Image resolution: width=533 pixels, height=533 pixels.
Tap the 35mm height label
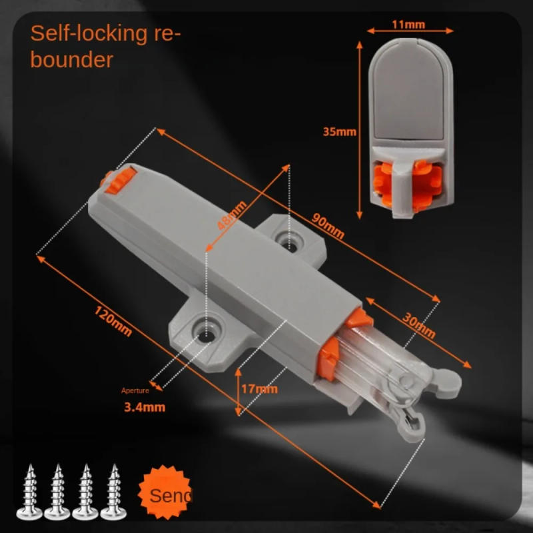(339, 131)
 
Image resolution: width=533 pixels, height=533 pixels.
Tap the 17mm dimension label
(261, 388)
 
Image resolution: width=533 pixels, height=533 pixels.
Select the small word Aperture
(135, 390)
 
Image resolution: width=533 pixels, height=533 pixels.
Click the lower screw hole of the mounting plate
(205, 330)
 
